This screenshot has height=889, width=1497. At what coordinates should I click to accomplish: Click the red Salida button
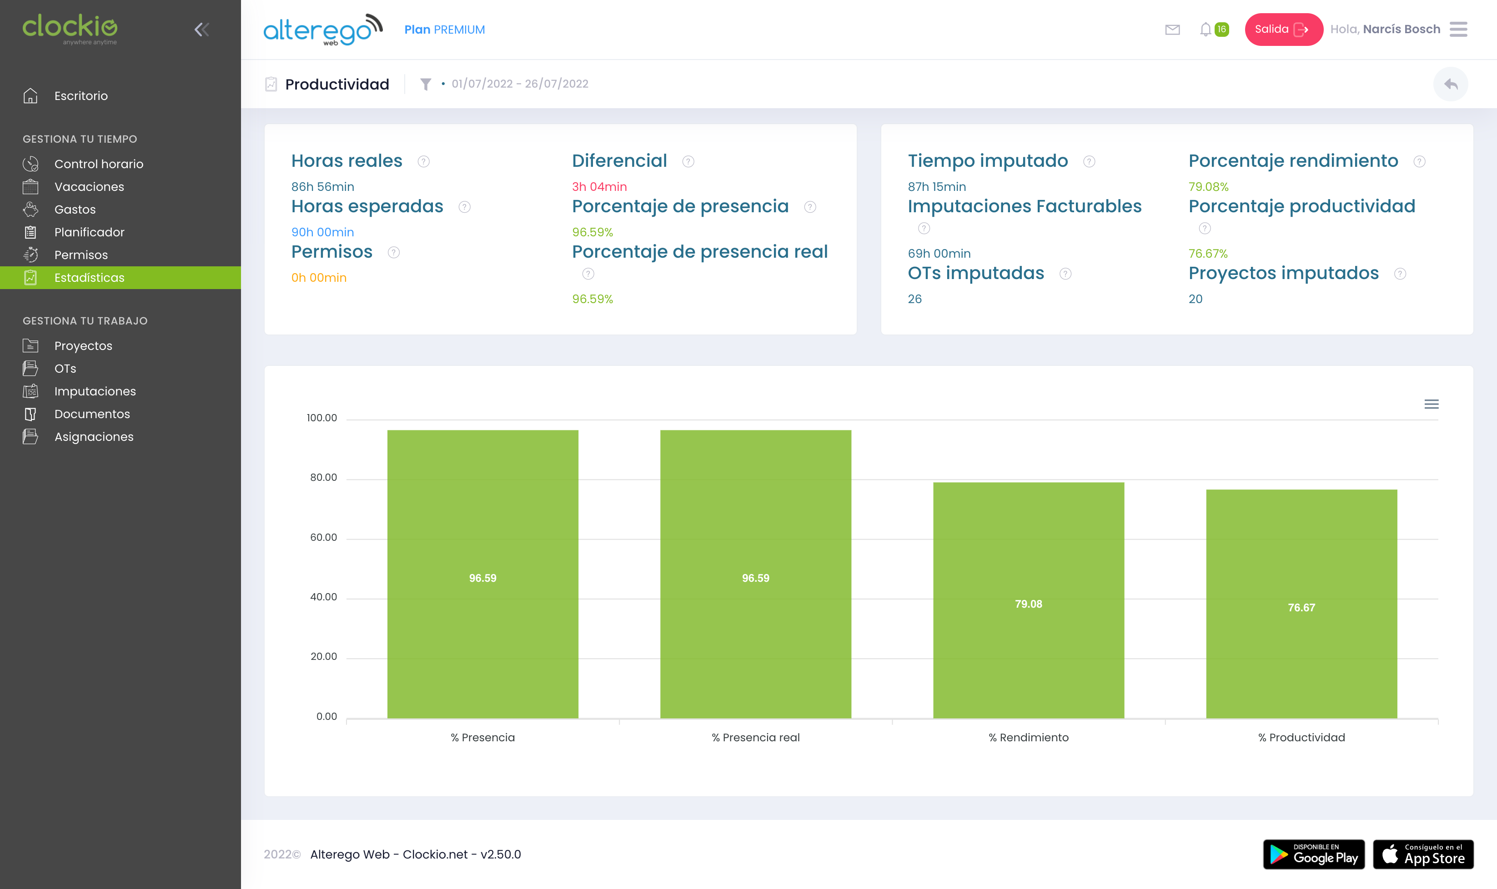click(x=1282, y=30)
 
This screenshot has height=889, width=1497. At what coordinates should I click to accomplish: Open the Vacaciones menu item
click(x=89, y=187)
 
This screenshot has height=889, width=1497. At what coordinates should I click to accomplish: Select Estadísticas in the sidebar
click(x=89, y=277)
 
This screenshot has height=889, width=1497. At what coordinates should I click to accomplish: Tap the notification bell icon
click(x=1205, y=30)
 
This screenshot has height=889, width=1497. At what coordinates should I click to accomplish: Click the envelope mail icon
click(x=1172, y=30)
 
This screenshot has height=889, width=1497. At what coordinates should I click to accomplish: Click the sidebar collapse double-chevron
click(x=202, y=30)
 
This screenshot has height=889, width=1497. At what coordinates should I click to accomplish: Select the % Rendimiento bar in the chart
click(x=1028, y=599)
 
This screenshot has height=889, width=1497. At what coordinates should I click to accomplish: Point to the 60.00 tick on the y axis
click(x=324, y=537)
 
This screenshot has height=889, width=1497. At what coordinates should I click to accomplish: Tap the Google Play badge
click(x=1314, y=854)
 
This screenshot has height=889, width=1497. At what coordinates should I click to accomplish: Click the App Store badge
click(x=1423, y=854)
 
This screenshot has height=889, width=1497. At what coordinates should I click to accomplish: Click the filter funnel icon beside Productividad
click(x=426, y=84)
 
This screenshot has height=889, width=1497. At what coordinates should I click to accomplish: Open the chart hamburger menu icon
click(x=1431, y=405)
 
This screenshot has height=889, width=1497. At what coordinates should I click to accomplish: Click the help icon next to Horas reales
click(x=424, y=162)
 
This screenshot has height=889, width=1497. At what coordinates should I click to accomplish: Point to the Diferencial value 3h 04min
click(x=599, y=187)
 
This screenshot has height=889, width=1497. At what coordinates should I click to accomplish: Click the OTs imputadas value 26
click(x=914, y=299)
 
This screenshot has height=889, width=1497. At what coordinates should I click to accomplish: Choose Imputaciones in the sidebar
click(x=95, y=391)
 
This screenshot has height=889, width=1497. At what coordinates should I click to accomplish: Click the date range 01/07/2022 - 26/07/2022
click(x=520, y=84)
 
